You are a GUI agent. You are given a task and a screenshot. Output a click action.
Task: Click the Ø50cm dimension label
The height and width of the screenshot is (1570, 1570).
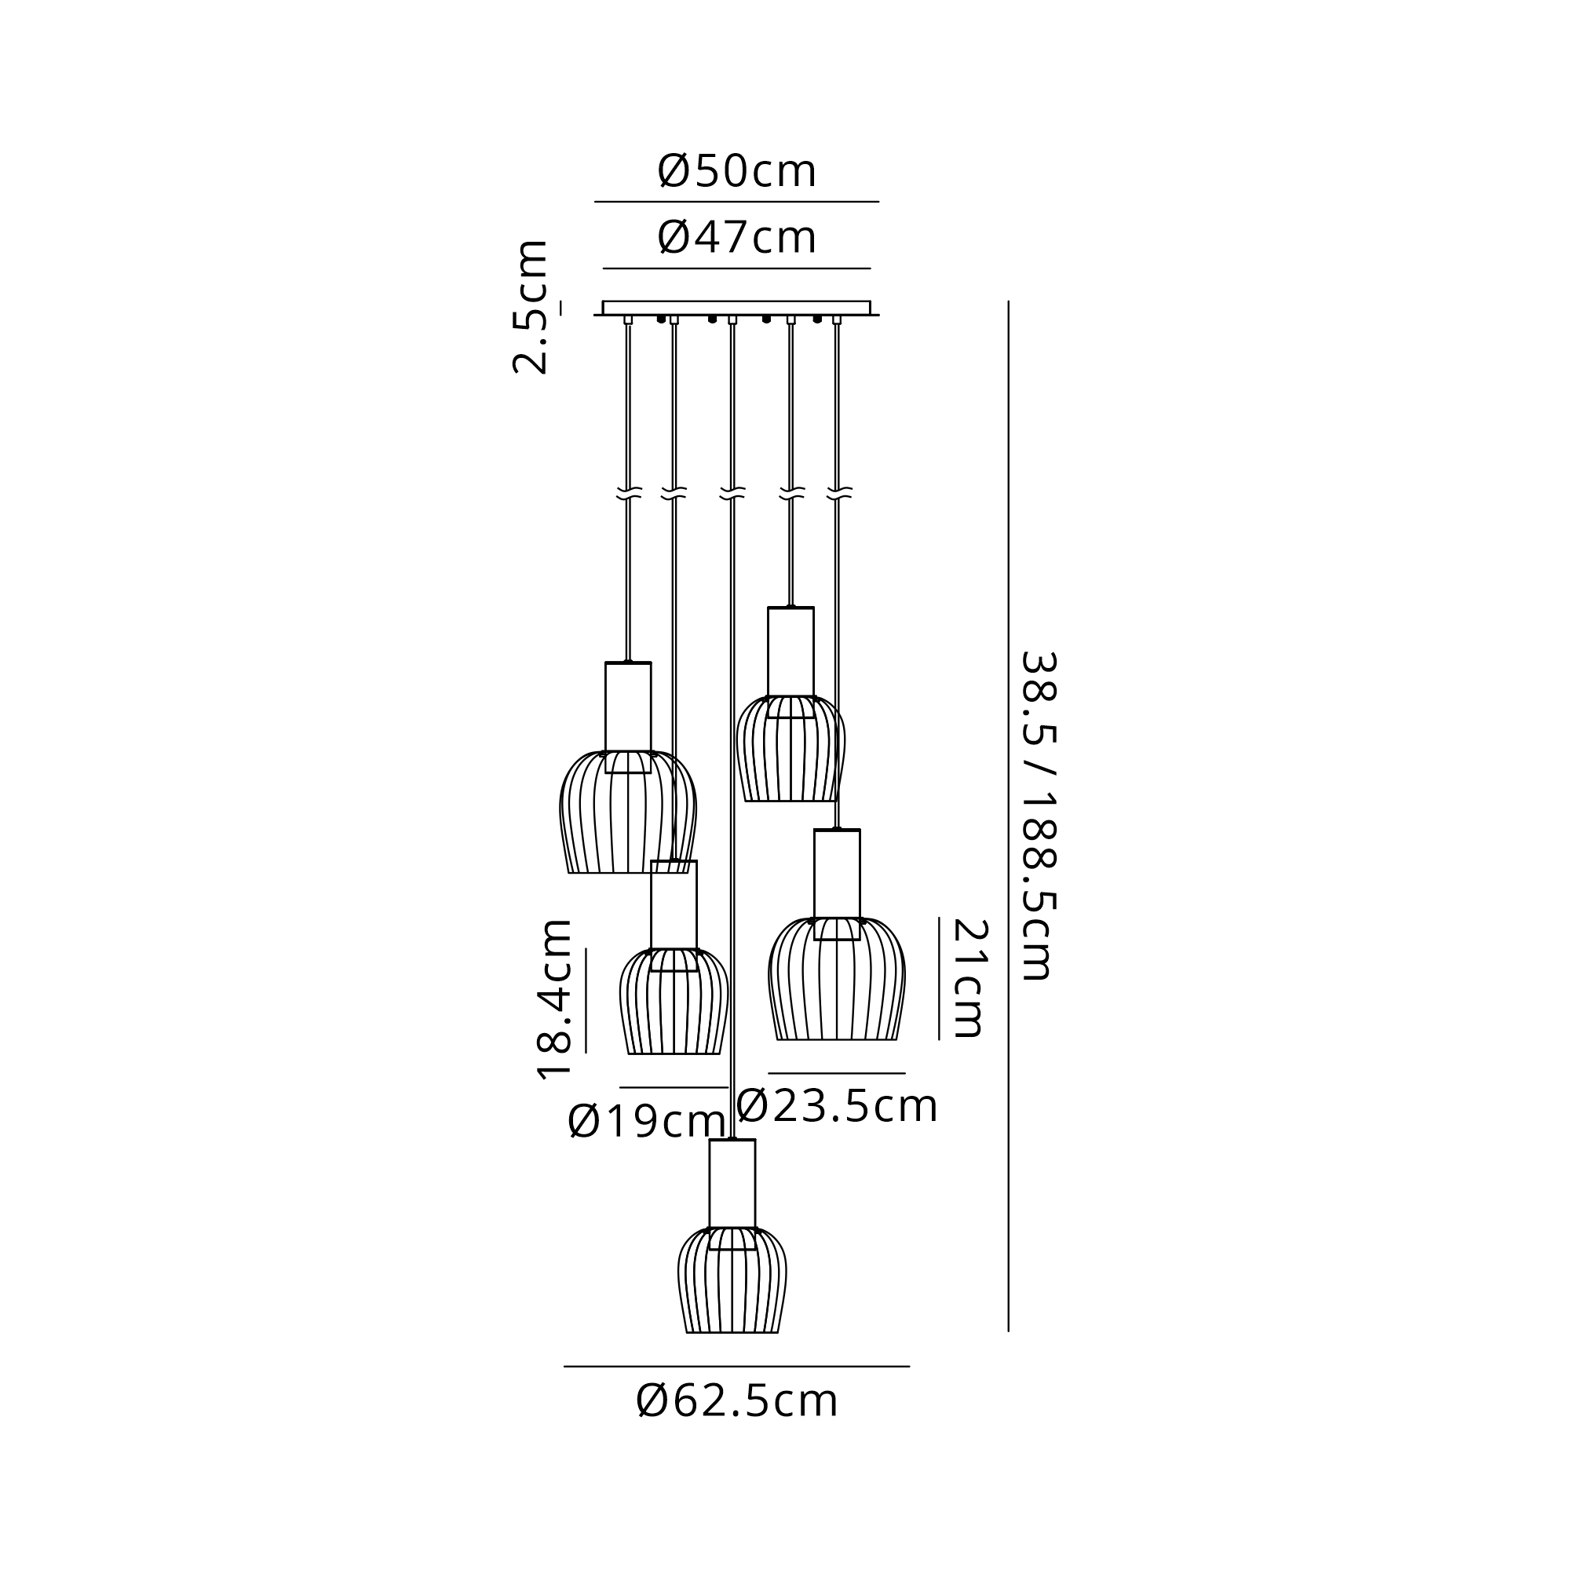click(x=736, y=171)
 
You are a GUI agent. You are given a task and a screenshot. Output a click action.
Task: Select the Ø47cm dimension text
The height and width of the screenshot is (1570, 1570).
click(x=736, y=237)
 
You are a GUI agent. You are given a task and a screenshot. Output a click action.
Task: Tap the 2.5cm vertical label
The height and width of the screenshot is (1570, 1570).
click(x=530, y=307)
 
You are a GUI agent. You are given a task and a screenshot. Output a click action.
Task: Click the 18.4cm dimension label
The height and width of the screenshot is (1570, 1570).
click(x=555, y=999)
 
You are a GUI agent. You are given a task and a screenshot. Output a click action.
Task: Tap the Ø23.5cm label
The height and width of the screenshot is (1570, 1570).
click(x=837, y=1106)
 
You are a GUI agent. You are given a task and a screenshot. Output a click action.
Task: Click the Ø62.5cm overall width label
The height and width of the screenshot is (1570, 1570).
click(x=736, y=1400)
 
